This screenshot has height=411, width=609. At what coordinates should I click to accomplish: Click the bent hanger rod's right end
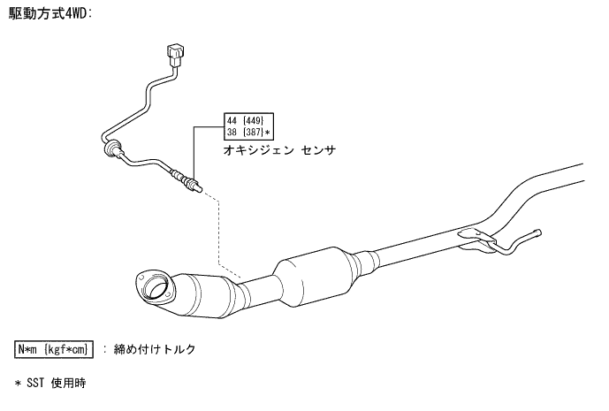point(538,233)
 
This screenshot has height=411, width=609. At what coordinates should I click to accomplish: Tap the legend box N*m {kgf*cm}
point(55,349)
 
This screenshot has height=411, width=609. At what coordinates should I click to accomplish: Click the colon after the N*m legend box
point(104,349)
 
